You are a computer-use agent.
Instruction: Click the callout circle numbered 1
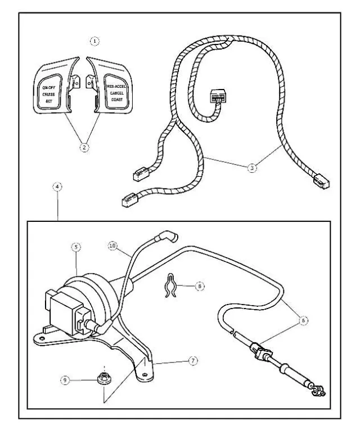click(96, 41)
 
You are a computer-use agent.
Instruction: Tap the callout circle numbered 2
click(84, 148)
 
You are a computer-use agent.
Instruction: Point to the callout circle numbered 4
click(58, 186)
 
